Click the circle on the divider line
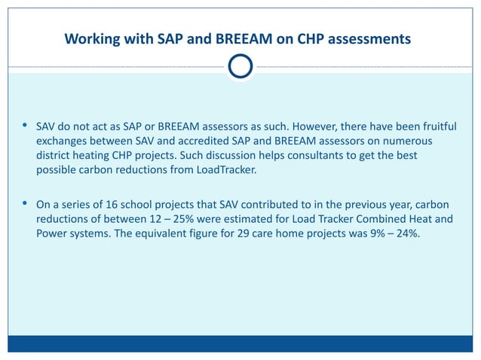[240, 68]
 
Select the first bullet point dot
[26, 125]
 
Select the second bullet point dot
[26, 203]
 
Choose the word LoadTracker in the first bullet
[225, 169]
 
